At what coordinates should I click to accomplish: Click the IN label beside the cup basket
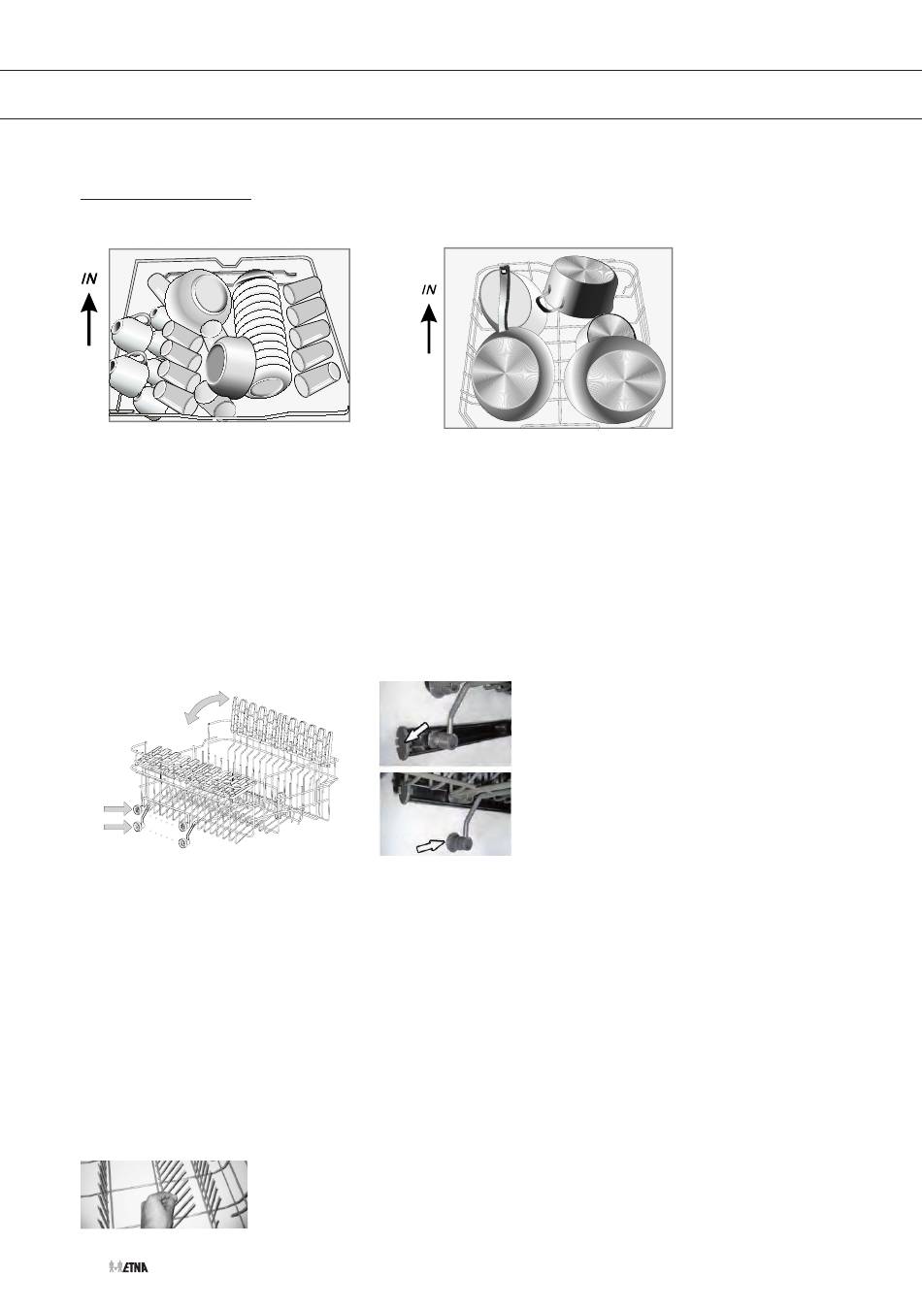pos(89,278)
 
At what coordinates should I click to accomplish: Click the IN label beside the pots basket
pos(429,290)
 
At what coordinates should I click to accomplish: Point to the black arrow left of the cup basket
pos(89,319)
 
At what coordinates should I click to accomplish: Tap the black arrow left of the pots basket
pos(429,330)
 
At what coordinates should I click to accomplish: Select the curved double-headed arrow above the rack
pos(204,705)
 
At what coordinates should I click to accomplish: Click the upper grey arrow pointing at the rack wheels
pos(117,809)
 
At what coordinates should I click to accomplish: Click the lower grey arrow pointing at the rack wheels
pos(117,827)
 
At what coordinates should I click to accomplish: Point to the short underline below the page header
pos(165,200)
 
